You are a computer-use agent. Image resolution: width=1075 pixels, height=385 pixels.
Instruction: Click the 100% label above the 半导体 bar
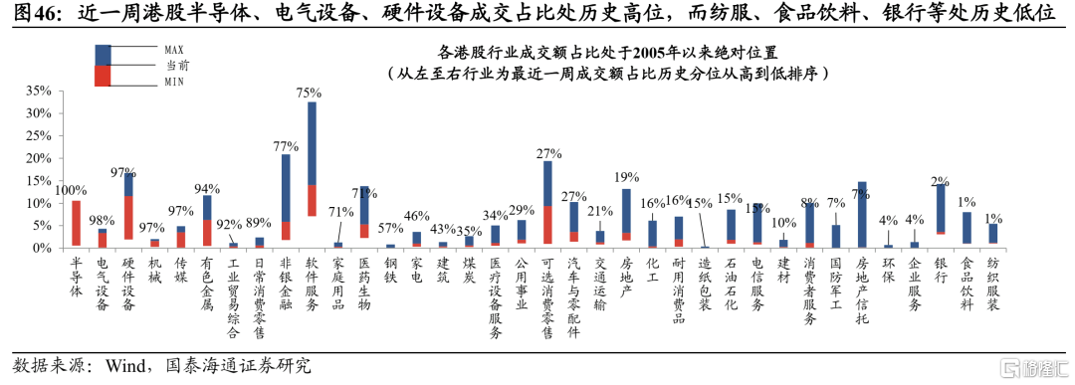(71, 190)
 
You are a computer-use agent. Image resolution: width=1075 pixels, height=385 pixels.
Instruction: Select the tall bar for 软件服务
(312, 159)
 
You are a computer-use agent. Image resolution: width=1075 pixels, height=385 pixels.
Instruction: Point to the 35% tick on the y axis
(39, 91)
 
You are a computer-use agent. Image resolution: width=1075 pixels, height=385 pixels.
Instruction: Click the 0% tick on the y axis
(43, 248)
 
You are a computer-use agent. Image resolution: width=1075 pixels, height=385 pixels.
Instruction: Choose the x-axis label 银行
(940, 269)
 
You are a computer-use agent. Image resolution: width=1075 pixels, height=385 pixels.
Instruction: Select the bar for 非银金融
(286, 197)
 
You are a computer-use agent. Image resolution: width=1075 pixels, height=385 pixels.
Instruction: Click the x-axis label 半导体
(76, 276)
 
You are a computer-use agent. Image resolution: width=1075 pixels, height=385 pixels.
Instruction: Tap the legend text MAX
(174, 50)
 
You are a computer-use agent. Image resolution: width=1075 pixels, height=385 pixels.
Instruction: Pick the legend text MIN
(173, 82)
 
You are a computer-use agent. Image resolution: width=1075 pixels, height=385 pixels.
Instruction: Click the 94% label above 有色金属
(206, 188)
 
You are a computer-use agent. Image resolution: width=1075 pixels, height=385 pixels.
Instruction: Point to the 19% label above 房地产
(625, 176)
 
